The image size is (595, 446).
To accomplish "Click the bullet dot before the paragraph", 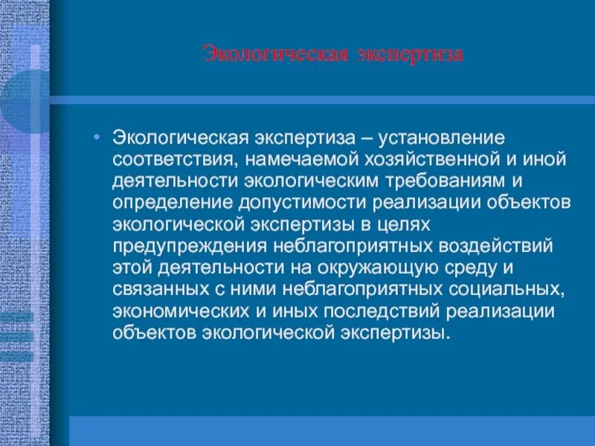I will (x=100, y=138).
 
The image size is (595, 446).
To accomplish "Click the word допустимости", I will (x=292, y=203).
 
